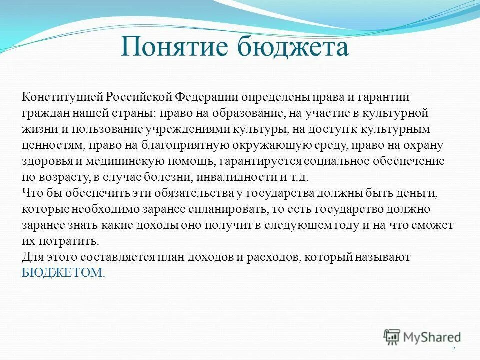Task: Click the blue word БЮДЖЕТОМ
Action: [x=63, y=273]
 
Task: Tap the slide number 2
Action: [x=453, y=348]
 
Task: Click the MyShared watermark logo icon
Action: [x=393, y=337]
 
